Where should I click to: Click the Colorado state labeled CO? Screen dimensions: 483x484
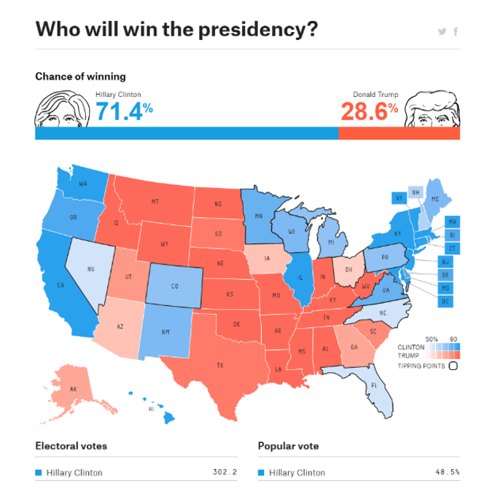click(x=174, y=286)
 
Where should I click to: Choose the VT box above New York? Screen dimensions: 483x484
click(x=399, y=197)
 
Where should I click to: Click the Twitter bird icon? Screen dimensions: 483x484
click(x=442, y=31)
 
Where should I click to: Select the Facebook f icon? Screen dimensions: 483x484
click(x=456, y=31)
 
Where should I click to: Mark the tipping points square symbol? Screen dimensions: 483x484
click(x=453, y=366)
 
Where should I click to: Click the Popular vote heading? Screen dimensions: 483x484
click(x=288, y=444)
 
